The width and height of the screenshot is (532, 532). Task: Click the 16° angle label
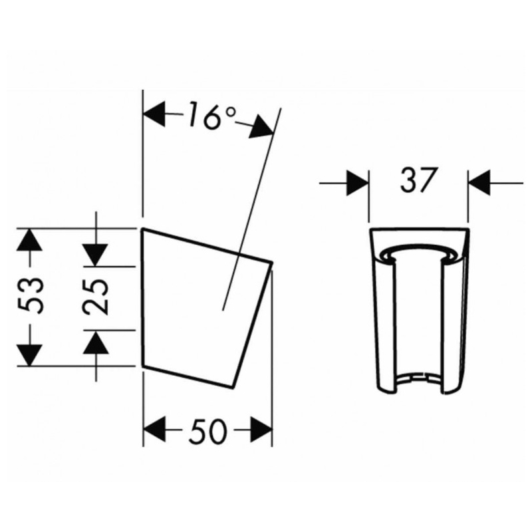tap(212, 116)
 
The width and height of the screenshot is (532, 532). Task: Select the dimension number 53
tap(31, 295)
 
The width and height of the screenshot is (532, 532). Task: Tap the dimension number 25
tap(96, 297)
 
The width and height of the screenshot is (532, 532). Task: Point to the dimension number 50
tap(207, 431)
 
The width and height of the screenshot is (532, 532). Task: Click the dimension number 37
tap(418, 180)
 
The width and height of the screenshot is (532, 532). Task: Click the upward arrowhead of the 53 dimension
tap(29, 240)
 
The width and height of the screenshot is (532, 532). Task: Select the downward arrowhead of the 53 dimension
tap(29, 355)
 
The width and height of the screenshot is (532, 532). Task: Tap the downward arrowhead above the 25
tap(96, 255)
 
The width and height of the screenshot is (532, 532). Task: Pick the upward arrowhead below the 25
tap(96, 342)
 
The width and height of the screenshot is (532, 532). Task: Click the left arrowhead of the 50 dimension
tap(154, 430)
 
